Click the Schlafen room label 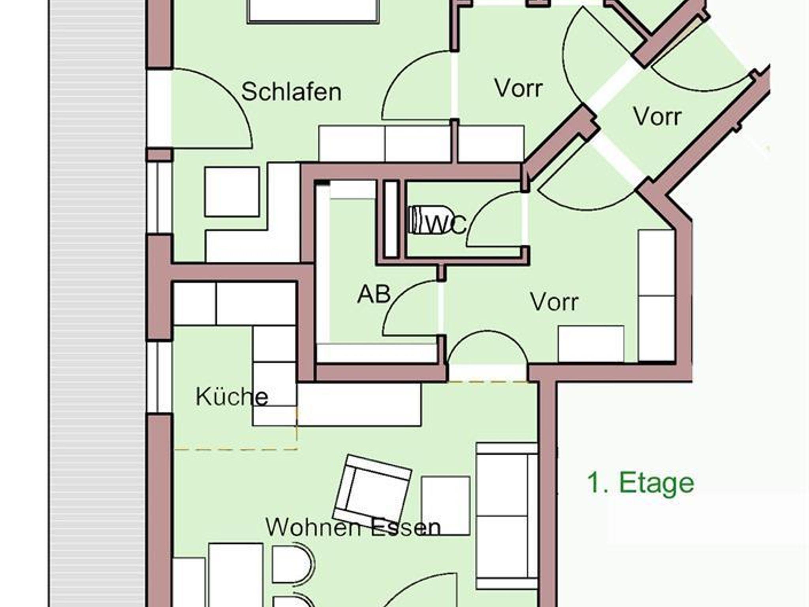click(291, 92)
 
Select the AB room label click(374, 294)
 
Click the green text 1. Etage click(640, 482)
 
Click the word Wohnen click(313, 526)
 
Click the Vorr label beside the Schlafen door click(518, 88)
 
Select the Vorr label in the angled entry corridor click(657, 116)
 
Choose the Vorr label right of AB click(554, 302)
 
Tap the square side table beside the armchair click(446, 506)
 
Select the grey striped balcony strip click(97, 303)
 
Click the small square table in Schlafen click(232, 192)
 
